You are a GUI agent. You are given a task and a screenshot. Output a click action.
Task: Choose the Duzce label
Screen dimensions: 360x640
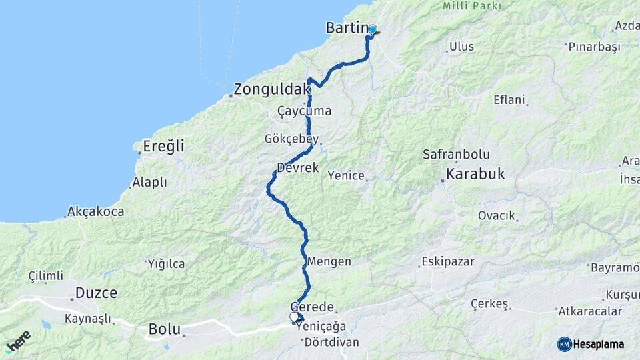[96, 293]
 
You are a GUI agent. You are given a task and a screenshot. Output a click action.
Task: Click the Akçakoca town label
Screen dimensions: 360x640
[96, 212]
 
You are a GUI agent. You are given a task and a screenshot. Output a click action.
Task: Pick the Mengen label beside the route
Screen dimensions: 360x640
[329, 261]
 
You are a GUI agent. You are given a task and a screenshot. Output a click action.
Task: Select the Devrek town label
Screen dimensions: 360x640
[297, 167]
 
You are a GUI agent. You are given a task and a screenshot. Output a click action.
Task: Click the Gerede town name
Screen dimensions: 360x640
[311, 306]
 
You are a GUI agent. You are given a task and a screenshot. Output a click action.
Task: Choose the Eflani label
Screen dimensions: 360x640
[510, 100]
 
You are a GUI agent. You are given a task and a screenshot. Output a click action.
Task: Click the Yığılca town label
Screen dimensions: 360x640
[166, 264]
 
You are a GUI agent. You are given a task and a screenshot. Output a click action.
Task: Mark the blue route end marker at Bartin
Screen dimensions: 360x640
[373, 29]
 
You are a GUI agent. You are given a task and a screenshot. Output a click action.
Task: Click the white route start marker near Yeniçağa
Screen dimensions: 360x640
[294, 317]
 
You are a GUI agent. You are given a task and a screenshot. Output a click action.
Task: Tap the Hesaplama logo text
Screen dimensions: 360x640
[599, 344]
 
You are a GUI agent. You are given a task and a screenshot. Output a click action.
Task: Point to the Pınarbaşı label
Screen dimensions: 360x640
[593, 47]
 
